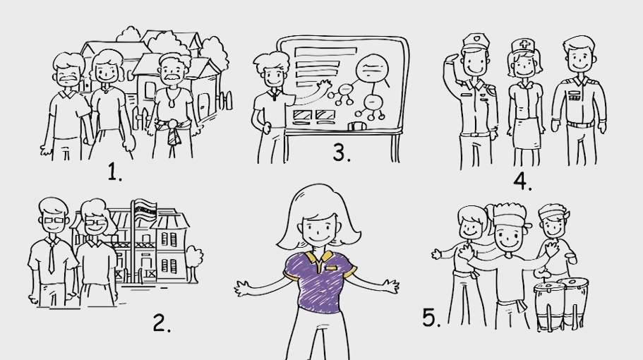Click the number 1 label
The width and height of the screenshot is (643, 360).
(x=114, y=172)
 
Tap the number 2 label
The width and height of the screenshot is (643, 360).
(x=162, y=323)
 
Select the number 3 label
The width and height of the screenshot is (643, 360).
(x=342, y=153)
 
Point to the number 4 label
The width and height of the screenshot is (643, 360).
(x=522, y=181)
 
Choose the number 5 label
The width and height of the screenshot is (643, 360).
(x=431, y=318)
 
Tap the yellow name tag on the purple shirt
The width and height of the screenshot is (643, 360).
(x=331, y=268)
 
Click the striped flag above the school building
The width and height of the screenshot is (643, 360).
(x=145, y=210)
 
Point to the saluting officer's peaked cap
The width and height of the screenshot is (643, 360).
(x=475, y=42)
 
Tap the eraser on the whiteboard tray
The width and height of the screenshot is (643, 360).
(x=357, y=126)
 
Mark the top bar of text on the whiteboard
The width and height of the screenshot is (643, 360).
(x=325, y=52)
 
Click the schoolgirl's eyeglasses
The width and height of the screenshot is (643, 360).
(x=97, y=223)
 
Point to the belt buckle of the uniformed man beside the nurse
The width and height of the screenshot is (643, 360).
(x=579, y=124)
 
